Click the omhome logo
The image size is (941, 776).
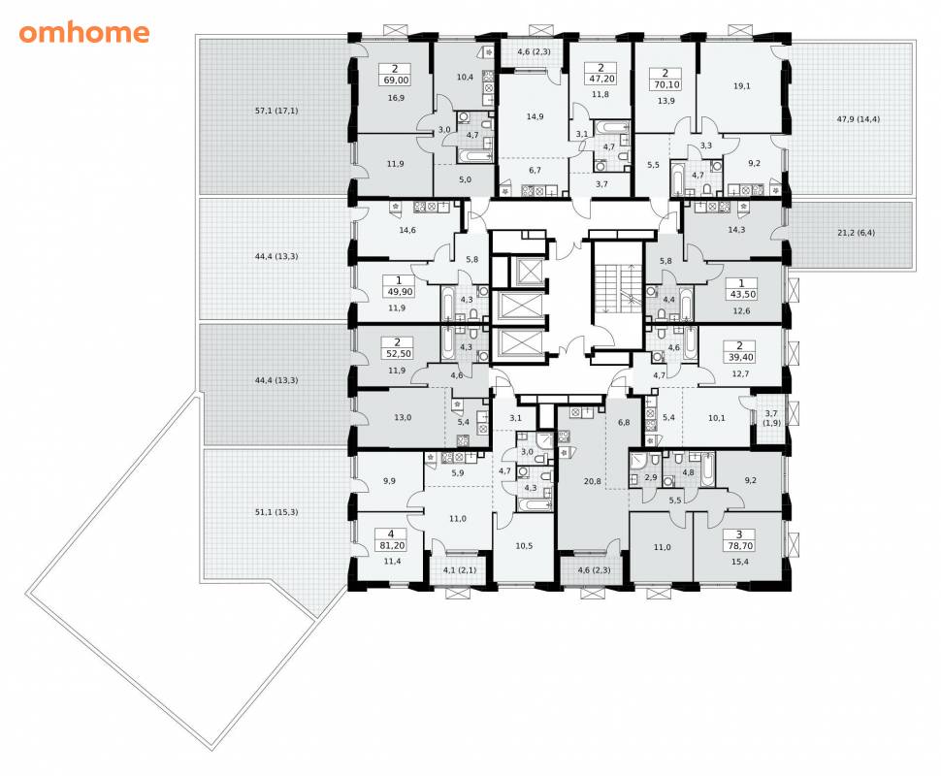pyautogui.click(x=84, y=32)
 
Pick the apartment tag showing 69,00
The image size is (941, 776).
pyautogui.click(x=396, y=75)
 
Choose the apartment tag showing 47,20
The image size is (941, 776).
pyautogui.click(x=600, y=73)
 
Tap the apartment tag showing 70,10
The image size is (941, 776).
pyautogui.click(x=665, y=79)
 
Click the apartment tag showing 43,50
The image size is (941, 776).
pyautogui.click(x=741, y=289)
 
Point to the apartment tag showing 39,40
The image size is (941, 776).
pyautogui.click(x=739, y=352)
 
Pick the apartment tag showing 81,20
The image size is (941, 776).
pyautogui.click(x=391, y=540)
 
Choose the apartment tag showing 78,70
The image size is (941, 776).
pyautogui.click(x=739, y=540)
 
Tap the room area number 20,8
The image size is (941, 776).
pyautogui.click(x=593, y=481)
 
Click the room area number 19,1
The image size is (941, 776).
pyautogui.click(x=742, y=85)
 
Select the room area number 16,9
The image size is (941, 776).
pyautogui.click(x=396, y=97)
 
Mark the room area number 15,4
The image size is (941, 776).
pyautogui.click(x=739, y=562)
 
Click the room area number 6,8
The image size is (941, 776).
pyautogui.click(x=624, y=422)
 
